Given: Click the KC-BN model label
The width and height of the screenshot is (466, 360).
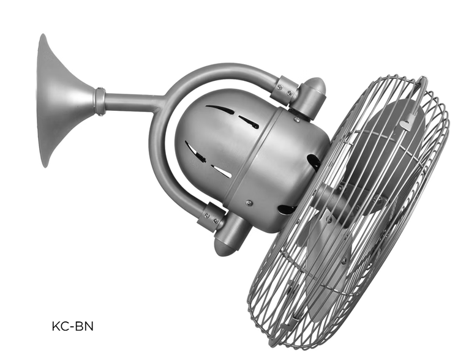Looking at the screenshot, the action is (x=72, y=326).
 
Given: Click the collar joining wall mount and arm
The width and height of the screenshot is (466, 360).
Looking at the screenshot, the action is (x=100, y=101).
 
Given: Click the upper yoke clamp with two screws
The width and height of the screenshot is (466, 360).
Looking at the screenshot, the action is (x=284, y=88).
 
